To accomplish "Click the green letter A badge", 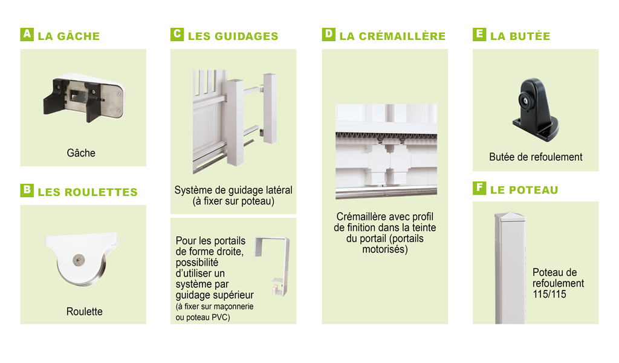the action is [x=27, y=34].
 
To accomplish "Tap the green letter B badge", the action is [x=27, y=191].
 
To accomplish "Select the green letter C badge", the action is [x=177, y=34].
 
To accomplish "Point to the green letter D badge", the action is [x=328, y=34].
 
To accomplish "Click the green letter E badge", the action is [x=479, y=34].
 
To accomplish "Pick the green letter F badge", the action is [x=479, y=188].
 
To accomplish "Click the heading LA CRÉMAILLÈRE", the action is [x=392, y=36].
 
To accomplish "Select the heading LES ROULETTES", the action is [x=88, y=192].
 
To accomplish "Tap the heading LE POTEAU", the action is [x=524, y=190].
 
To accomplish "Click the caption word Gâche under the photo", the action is [x=81, y=153].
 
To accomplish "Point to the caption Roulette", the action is [x=85, y=312].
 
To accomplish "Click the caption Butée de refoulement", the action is [x=536, y=157].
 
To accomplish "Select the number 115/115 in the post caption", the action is [x=549, y=294].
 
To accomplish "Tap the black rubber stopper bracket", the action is [x=536, y=110].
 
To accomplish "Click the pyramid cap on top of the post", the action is [x=510, y=216].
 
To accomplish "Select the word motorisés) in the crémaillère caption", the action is [x=385, y=250].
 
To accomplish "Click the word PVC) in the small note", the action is [x=221, y=318].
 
